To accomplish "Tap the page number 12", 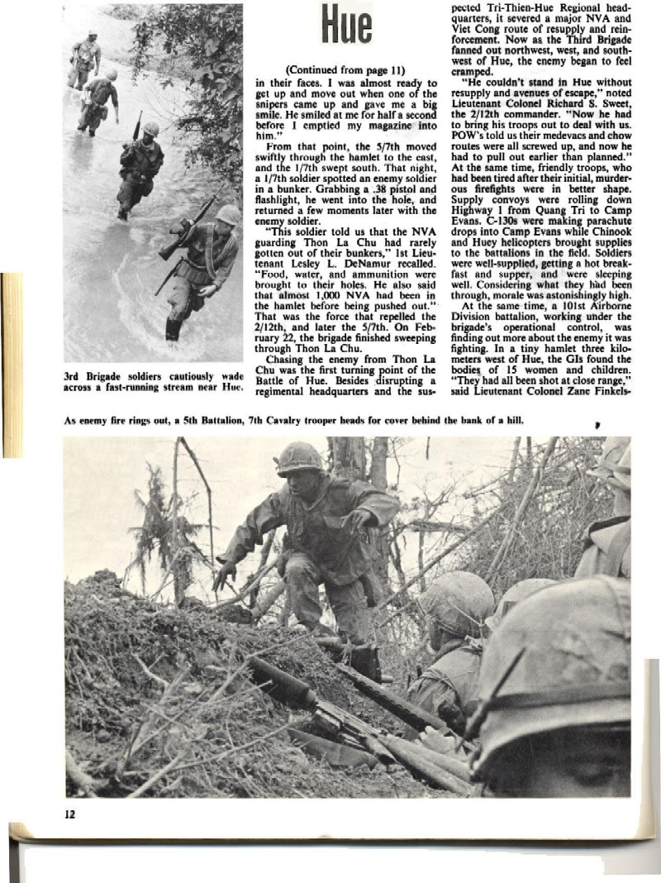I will [70, 814].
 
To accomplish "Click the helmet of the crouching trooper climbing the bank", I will [299, 459].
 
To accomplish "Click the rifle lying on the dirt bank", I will [330, 703].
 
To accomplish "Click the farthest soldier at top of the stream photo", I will [85, 58].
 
